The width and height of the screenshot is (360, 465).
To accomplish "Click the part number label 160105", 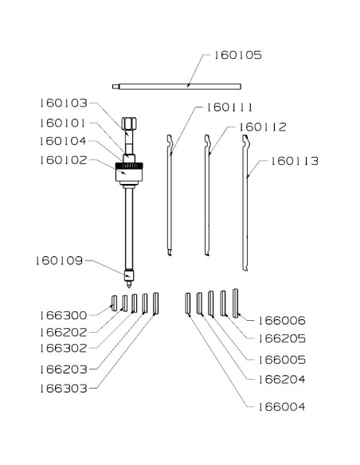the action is [238, 55].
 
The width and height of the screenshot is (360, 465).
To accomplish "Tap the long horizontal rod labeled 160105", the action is [177, 87].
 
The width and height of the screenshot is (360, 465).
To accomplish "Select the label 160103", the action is [64, 104].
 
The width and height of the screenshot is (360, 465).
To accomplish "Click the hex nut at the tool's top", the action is [129, 123].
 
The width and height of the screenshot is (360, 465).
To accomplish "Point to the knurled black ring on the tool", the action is [129, 166].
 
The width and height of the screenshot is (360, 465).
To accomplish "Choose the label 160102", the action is [64, 160].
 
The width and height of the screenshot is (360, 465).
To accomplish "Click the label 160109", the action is [59, 261].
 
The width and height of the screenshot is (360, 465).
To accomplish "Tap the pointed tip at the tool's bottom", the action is [129, 285].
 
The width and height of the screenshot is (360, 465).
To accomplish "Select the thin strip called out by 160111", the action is [170, 195].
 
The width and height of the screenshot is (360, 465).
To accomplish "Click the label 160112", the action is [263, 127].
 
